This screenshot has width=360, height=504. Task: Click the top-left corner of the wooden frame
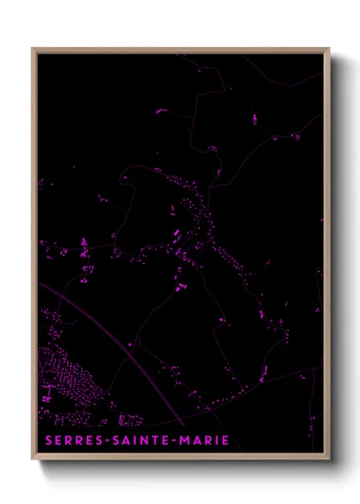click(33, 49)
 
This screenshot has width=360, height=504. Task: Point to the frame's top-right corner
click(328, 49)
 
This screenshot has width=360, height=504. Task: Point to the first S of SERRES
click(45, 441)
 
